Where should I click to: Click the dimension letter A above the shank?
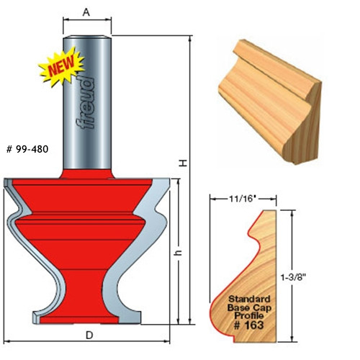point(87,12)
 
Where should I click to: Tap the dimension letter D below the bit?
point(87,336)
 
